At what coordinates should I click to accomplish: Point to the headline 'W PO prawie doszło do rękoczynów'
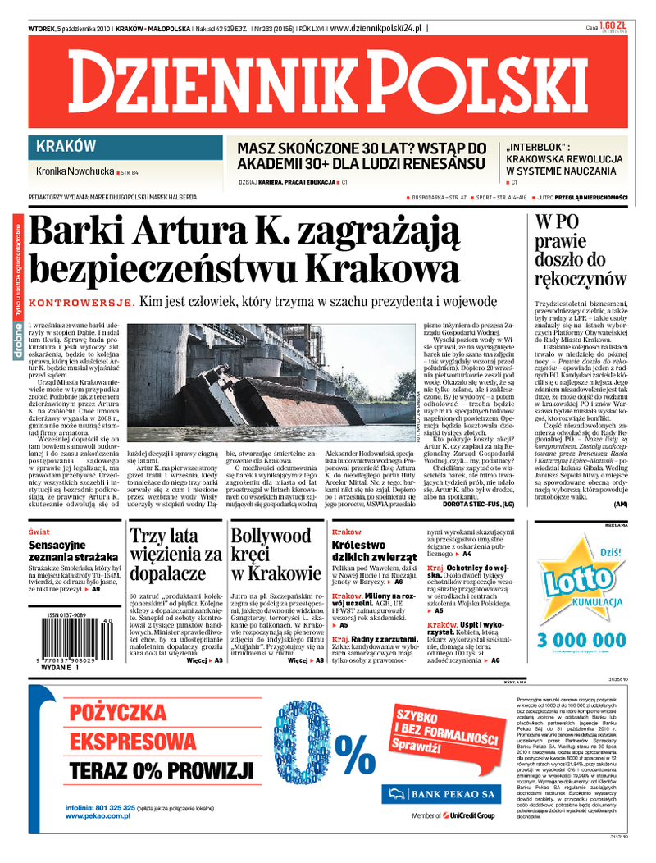click(580, 249)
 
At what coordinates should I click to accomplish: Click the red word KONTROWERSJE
click(80, 303)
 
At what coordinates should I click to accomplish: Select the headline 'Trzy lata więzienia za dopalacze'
click(175, 554)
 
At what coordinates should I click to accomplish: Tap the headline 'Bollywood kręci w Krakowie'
click(275, 554)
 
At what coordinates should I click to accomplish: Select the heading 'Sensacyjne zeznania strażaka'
click(72, 550)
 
